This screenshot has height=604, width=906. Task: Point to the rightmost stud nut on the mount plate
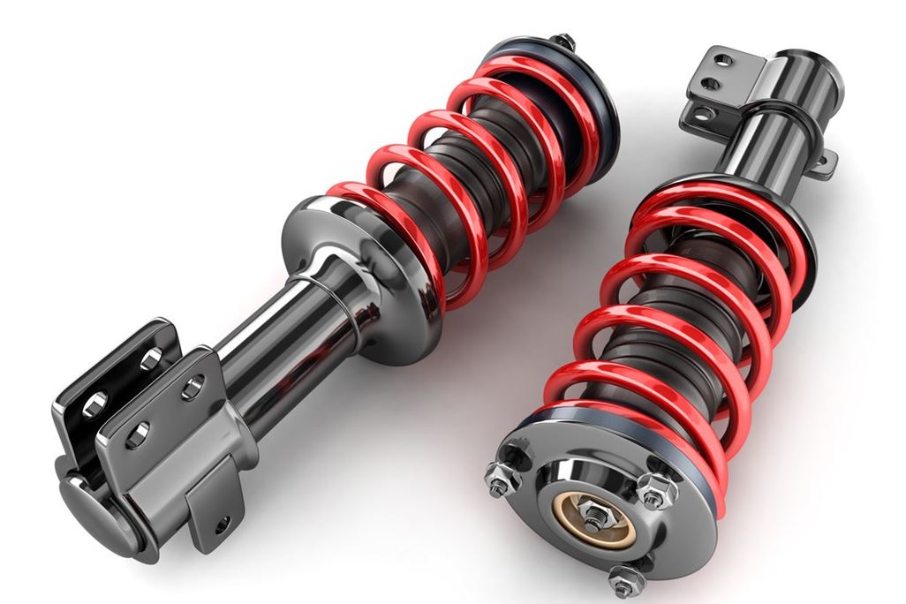pyautogui.click(x=656, y=490)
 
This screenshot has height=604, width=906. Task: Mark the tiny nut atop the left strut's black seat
pyautogui.click(x=562, y=41)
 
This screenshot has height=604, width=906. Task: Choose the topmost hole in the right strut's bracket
pyautogui.click(x=723, y=61)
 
